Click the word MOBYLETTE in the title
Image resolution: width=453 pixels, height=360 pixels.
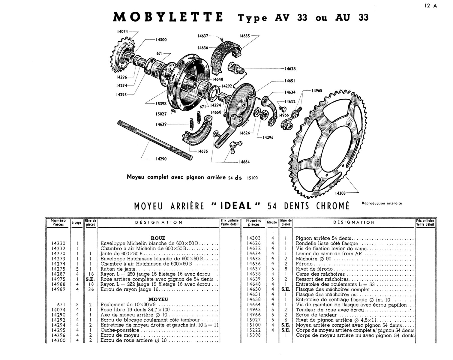(x=168, y=17)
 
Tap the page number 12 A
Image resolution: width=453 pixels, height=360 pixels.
(x=431, y=6)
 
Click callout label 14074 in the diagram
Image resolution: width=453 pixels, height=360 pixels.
(x=123, y=31)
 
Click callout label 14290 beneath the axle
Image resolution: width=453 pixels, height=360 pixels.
(x=161, y=159)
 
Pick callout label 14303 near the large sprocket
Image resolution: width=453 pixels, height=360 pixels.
(x=340, y=193)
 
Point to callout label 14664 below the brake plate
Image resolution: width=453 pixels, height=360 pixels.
(x=244, y=162)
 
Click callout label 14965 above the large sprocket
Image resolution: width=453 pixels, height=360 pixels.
(x=317, y=90)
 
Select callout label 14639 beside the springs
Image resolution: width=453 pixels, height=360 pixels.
(x=161, y=124)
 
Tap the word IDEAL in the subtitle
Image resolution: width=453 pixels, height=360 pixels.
(x=236, y=206)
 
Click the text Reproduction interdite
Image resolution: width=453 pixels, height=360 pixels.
(x=382, y=203)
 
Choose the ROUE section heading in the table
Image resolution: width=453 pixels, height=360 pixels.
(x=158, y=238)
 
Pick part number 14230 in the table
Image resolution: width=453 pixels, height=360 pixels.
(x=58, y=243)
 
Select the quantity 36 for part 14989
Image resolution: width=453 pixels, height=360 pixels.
(x=90, y=289)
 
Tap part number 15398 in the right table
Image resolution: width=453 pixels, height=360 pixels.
(x=253, y=335)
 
